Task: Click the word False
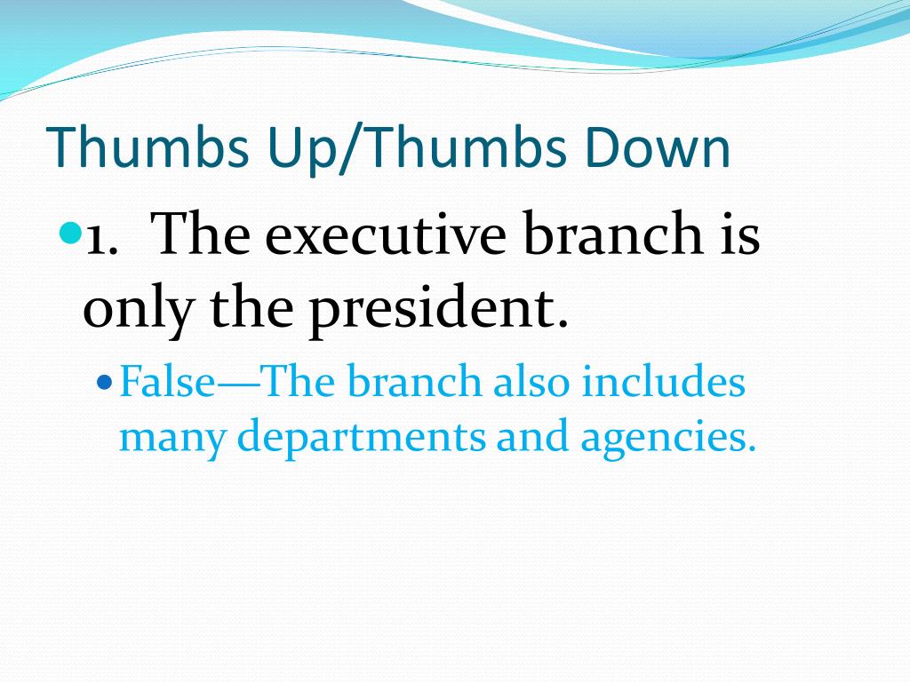(x=168, y=384)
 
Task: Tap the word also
(x=531, y=383)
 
